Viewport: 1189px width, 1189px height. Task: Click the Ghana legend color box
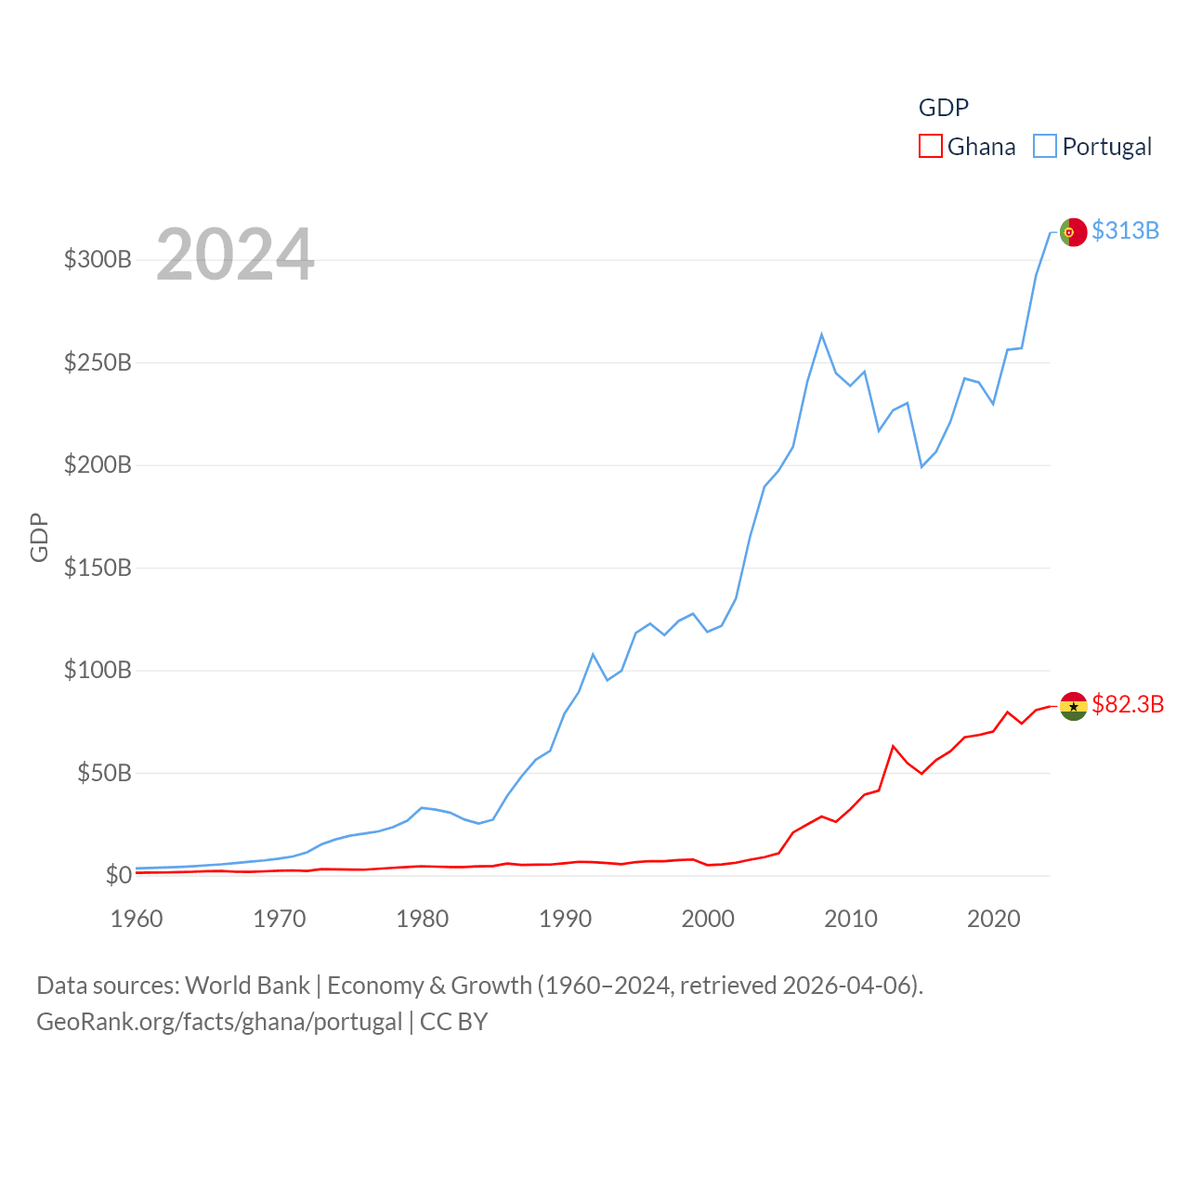931,147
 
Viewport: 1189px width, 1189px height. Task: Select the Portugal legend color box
1045,147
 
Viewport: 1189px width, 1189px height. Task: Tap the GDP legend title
943,108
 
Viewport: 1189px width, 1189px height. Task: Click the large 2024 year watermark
235,255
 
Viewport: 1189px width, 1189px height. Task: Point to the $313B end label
1125,230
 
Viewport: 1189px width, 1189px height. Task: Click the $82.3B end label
1128,704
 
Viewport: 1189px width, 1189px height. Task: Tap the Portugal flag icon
1073,232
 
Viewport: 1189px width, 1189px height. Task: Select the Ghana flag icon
1073,706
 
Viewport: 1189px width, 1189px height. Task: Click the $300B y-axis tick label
98,259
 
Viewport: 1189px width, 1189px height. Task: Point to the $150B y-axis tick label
98,568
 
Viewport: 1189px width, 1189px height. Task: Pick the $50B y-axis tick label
104,773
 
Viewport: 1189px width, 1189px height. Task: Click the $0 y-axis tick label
118,875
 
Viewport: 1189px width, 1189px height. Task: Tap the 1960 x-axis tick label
137,919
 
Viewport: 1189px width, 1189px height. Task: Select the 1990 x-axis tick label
565,919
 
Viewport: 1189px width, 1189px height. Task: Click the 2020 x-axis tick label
994,919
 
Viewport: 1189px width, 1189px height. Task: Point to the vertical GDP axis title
39,537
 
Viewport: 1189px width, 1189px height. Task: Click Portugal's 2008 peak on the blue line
821,334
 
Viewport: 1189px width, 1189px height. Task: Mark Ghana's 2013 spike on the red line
893,746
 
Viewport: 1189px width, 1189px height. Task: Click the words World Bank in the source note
247,985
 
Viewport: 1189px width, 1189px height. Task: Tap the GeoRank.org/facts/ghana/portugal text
219,1022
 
